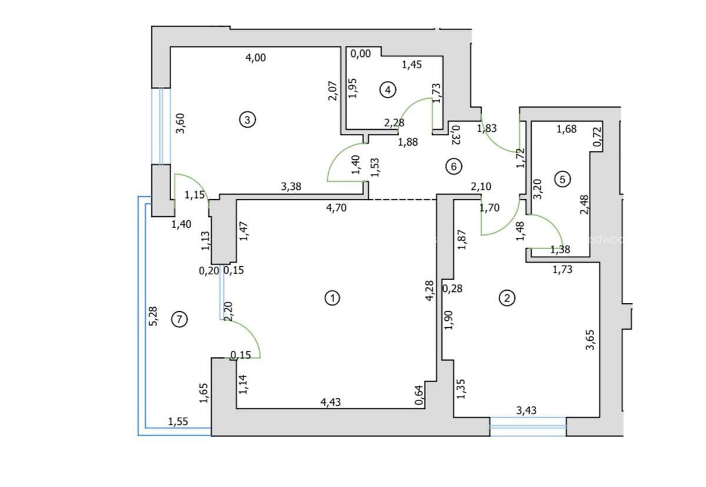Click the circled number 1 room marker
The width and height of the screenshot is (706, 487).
pos(332,298)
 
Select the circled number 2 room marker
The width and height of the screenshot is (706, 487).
pos(507,298)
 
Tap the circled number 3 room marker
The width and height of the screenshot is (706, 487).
pos(247,119)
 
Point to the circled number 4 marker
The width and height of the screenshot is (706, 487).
pos(387,89)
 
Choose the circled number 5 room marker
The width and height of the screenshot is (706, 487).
pos(563,179)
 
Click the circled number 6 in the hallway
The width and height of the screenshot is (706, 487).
pos(453,166)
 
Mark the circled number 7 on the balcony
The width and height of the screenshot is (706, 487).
pos(179,319)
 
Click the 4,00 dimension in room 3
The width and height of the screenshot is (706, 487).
pos(255,57)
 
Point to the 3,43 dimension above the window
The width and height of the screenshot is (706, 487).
pos(526,409)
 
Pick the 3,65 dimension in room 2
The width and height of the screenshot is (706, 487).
pos(591,340)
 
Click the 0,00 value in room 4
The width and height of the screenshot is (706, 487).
pos(361,53)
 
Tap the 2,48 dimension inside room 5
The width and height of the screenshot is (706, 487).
pos(584,205)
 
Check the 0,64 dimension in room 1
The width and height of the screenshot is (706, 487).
pos(419,394)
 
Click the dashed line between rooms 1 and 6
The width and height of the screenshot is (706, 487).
pos(402,200)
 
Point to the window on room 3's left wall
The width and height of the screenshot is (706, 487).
pos(161,126)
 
